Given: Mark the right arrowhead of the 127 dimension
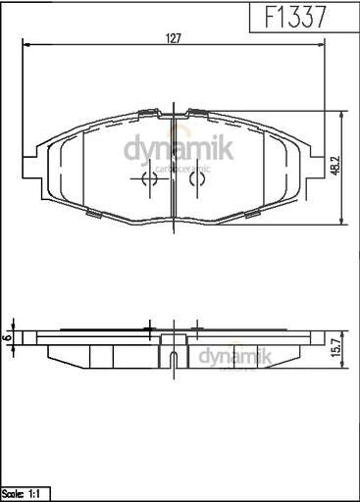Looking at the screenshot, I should coord(327,45).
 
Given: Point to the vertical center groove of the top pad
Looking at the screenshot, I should coord(173,167).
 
